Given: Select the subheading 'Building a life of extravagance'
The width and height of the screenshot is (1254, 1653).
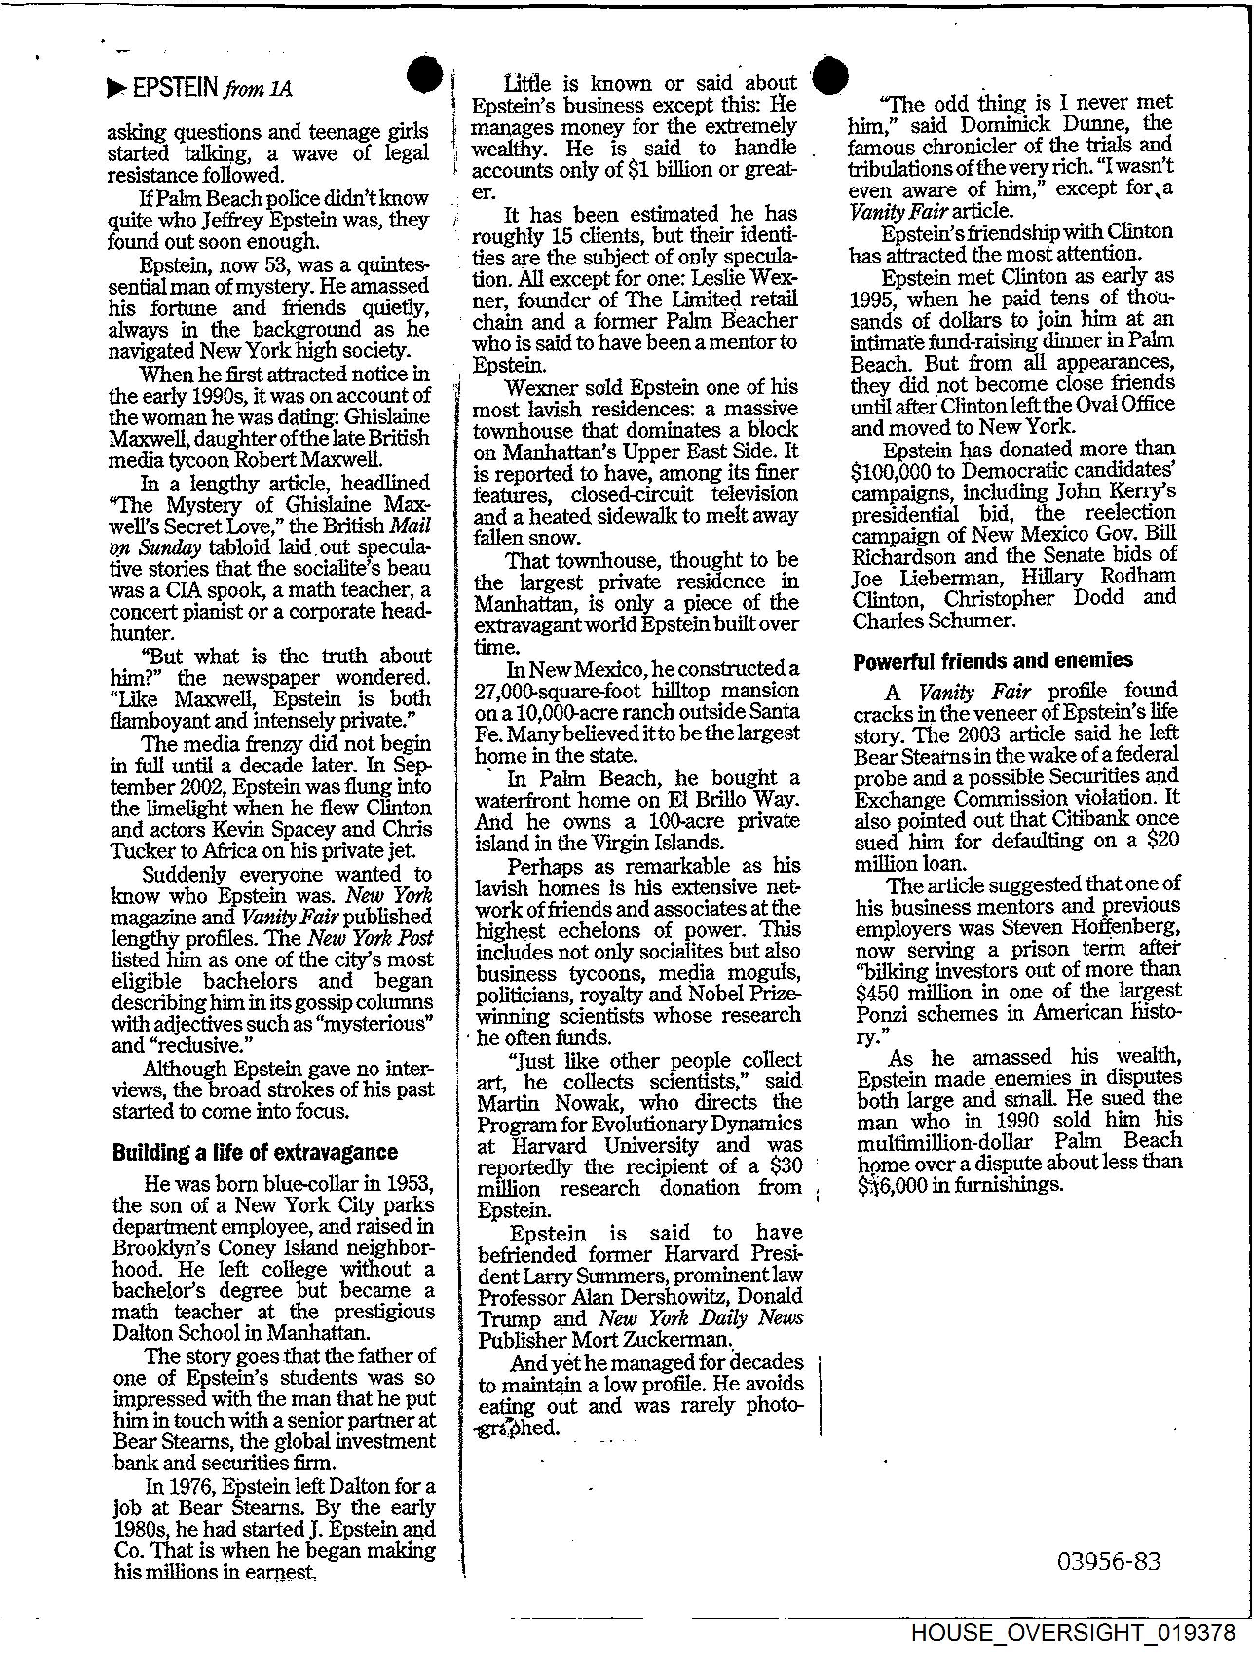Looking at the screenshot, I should coord(254,1151).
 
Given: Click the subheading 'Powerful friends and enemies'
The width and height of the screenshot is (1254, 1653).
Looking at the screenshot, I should coord(992,660).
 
